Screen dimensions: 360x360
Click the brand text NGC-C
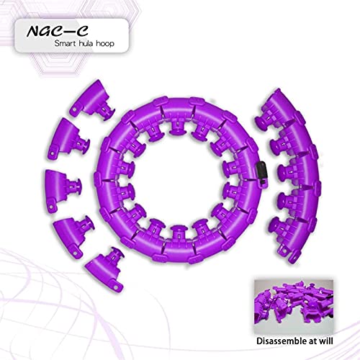pos(58,31)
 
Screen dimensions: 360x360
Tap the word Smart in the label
pos(64,43)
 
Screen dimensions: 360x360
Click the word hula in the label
pos(85,43)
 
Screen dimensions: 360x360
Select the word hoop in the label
pos(105,44)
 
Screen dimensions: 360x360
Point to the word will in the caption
pos(327,341)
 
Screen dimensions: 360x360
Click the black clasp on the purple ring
pos(262,174)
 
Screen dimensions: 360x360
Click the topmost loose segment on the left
pos(92,100)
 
